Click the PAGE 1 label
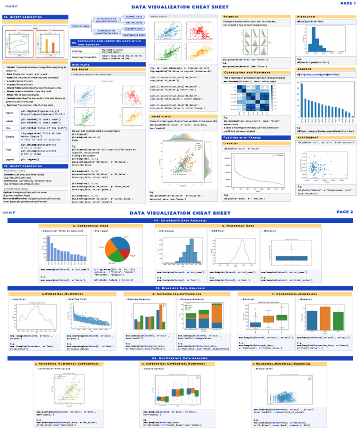coord(347,3)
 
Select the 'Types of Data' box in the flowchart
coord(80,26)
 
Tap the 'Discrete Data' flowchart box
coord(134,29)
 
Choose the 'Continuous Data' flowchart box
coord(134,35)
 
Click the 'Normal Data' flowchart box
coord(134,16)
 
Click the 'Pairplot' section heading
coord(231,16)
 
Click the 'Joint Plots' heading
coord(160,117)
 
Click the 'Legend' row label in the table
coord(9,160)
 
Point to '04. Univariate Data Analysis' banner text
coord(180,220)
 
